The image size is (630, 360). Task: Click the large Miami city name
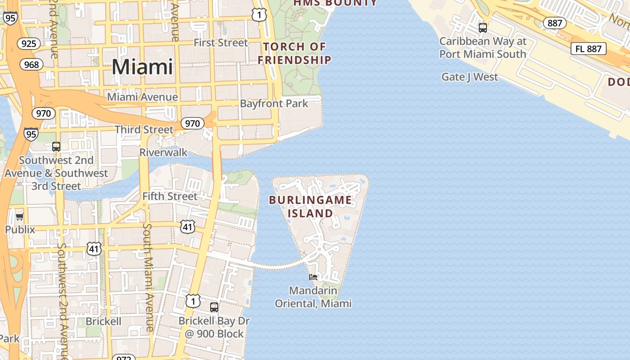(x=142, y=67)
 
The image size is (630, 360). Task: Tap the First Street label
(x=220, y=43)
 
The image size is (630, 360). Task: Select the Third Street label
(x=144, y=130)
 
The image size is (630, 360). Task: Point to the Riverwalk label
(x=163, y=153)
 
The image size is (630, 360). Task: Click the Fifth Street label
(x=170, y=196)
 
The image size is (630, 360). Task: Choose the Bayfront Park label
(x=274, y=103)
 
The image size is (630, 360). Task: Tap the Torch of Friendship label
(x=295, y=53)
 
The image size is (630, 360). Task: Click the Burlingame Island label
(x=310, y=207)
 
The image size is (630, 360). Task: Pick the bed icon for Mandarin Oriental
(x=313, y=277)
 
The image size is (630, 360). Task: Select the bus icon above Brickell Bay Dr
(x=214, y=307)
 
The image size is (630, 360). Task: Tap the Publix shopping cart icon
(x=19, y=217)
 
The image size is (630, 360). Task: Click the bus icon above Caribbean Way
(x=483, y=28)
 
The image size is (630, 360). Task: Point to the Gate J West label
(x=470, y=77)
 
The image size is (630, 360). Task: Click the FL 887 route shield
(x=588, y=49)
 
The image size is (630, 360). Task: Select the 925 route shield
(x=29, y=44)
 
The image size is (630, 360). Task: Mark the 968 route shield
(x=31, y=64)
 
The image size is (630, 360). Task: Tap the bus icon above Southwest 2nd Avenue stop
(x=56, y=147)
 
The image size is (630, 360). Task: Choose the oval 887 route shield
(x=554, y=23)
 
